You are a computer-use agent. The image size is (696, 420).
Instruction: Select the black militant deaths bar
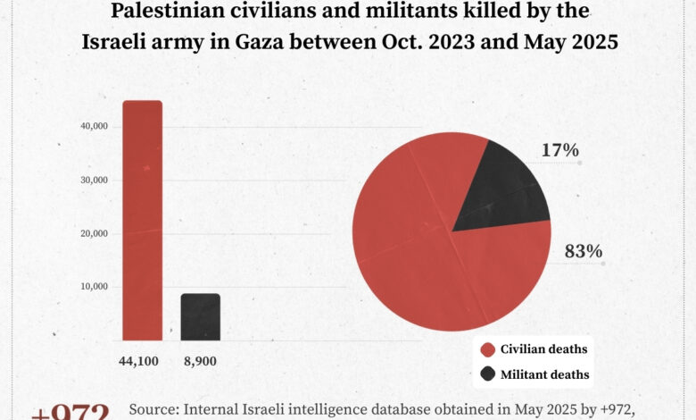pyautogui.click(x=200, y=316)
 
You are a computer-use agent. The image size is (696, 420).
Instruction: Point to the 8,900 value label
pyautogui.click(x=199, y=362)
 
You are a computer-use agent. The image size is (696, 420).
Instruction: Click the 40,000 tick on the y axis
pyautogui.click(x=94, y=126)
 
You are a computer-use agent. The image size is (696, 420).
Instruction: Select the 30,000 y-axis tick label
pyautogui.click(x=94, y=180)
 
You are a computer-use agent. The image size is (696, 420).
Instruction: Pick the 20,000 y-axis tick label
pyautogui.click(x=94, y=233)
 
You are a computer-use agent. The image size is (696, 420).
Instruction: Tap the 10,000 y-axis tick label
pyautogui.click(x=94, y=287)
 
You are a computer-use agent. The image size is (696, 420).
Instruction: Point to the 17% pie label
pyautogui.click(x=559, y=150)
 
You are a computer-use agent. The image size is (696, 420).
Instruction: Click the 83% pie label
pyautogui.click(x=583, y=251)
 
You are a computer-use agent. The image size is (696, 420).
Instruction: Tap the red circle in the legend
pyautogui.click(x=487, y=349)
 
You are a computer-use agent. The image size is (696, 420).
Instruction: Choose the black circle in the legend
pyautogui.click(x=487, y=374)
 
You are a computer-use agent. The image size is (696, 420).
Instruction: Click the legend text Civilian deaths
pyautogui.click(x=543, y=349)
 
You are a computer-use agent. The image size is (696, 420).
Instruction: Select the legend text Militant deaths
pyautogui.click(x=544, y=374)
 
